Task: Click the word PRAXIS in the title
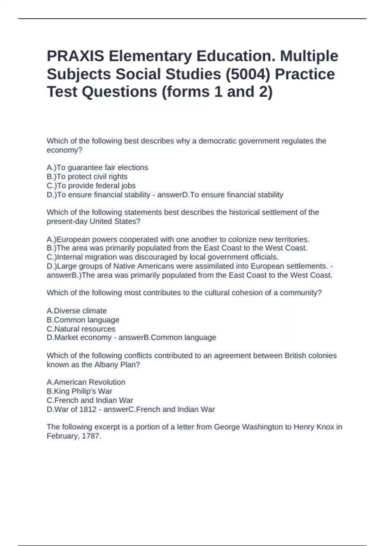coord(75,56)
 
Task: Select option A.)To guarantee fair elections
coord(98,167)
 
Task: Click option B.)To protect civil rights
coord(87,176)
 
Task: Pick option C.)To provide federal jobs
coord(91,186)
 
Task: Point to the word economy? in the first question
coord(64,150)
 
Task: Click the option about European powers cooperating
coord(178,239)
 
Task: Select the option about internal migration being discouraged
coord(163,257)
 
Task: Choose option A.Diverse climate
coord(77,311)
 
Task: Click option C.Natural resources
coord(81,329)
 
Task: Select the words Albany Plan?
coord(117,365)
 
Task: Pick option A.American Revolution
coord(86,382)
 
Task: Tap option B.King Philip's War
coord(79,391)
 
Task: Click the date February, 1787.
coord(74,436)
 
